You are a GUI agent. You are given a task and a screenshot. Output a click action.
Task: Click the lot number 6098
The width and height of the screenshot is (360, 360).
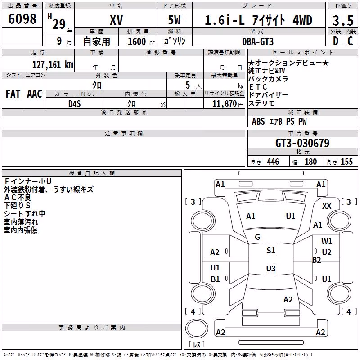22,19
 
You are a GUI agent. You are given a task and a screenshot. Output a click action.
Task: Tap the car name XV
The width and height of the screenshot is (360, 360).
117,20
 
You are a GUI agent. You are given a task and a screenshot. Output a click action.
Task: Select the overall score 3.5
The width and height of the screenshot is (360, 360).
343,20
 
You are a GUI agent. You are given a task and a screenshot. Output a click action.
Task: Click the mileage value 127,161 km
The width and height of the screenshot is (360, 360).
53,64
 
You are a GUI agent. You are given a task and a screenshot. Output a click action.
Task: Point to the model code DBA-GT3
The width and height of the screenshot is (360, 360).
258,41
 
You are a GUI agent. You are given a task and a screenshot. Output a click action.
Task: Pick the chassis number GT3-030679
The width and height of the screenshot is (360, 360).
302,143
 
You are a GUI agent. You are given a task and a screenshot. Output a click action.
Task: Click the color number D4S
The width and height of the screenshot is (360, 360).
75,104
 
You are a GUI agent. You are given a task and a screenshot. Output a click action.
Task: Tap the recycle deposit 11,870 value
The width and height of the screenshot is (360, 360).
225,104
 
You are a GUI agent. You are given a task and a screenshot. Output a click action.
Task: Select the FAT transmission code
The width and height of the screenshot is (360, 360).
13,94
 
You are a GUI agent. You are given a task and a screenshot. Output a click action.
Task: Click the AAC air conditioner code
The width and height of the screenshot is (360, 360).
35,94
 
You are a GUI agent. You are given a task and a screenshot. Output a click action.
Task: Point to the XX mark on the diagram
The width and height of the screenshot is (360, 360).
327,206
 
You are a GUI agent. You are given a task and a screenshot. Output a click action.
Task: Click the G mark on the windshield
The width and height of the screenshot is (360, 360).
257,237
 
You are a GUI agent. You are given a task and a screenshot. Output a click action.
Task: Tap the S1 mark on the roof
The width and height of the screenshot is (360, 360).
271,251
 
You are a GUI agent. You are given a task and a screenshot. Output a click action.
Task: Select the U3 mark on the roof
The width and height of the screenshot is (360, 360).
271,268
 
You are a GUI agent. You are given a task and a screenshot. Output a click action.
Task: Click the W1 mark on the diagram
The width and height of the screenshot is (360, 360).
327,241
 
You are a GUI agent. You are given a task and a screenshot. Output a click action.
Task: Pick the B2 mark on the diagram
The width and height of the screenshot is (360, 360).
317,260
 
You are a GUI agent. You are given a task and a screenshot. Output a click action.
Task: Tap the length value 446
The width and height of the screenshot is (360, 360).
273,162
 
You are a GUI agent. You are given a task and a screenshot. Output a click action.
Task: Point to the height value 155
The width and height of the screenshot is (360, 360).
346,162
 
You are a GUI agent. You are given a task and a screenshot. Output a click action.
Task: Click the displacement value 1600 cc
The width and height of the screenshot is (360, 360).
141,41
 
